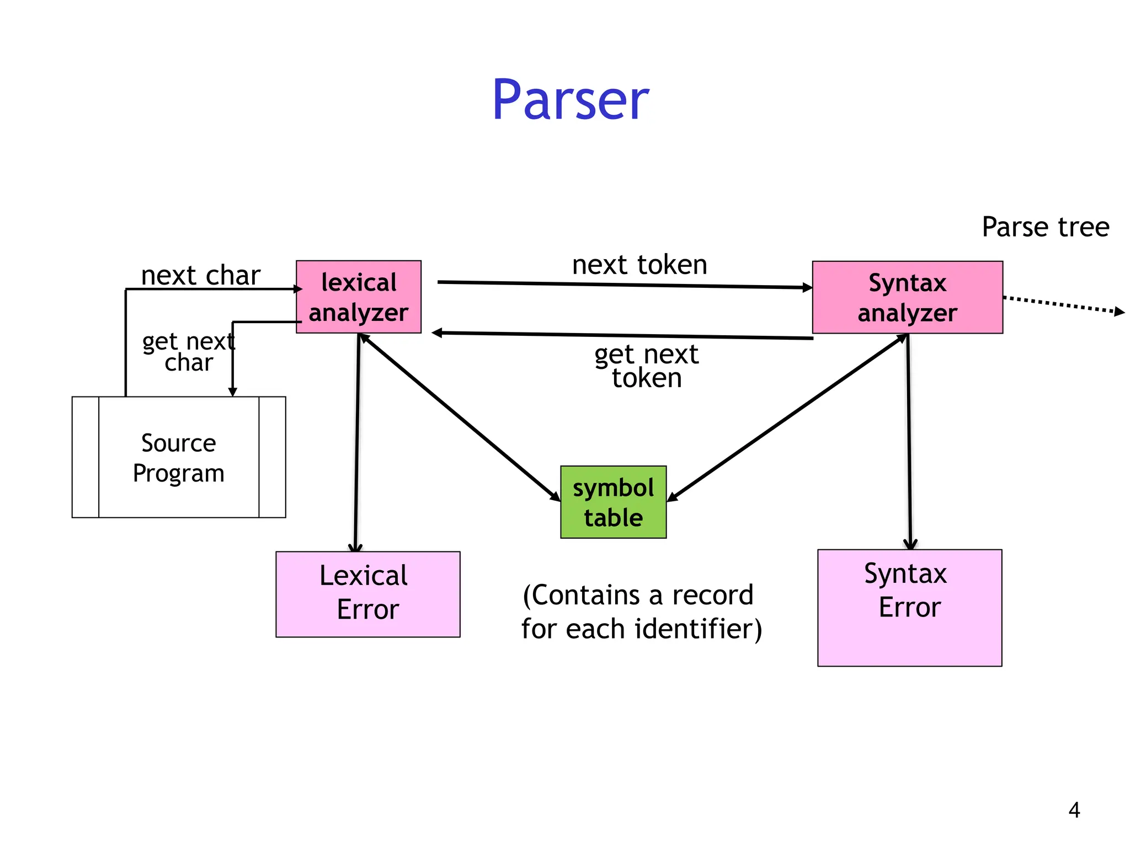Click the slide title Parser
click(571, 100)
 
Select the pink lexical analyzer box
click(358, 297)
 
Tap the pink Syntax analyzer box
click(907, 297)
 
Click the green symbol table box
click(613, 502)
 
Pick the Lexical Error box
click(367, 594)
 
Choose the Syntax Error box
click(909, 607)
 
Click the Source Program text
click(178, 458)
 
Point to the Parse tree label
click(1045, 227)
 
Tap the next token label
click(639, 265)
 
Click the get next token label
click(646, 366)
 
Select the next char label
click(200, 275)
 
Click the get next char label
click(188, 352)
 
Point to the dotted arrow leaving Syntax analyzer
click(1062, 304)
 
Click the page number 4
click(1074, 810)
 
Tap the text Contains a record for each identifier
click(641, 612)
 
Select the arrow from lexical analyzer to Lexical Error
click(357, 441)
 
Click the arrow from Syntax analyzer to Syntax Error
click(909, 441)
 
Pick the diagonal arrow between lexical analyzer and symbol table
click(459, 417)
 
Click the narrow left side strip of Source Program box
click(86, 457)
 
